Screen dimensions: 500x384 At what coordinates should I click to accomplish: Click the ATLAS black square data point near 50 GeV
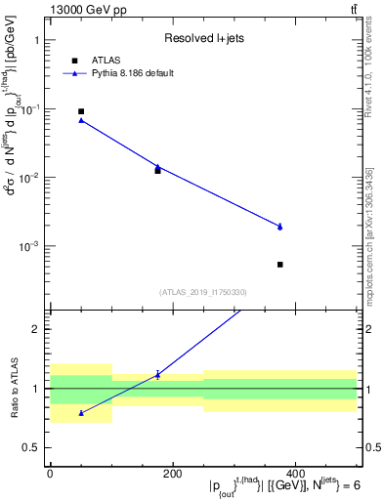coord(81,111)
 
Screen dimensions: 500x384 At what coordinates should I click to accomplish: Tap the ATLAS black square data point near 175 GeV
coord(157,171)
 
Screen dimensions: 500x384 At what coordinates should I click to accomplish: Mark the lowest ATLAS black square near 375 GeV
coord(279,265)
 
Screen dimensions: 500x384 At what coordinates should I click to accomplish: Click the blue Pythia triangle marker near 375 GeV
coord(279,226)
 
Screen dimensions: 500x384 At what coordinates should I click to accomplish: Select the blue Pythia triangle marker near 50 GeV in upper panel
coord(81,119)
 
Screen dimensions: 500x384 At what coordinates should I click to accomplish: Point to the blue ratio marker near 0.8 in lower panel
coord(81,413)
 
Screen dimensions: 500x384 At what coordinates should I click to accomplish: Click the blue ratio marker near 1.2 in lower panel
coord(157,374)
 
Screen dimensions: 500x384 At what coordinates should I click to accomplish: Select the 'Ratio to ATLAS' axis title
coord(14,389)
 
